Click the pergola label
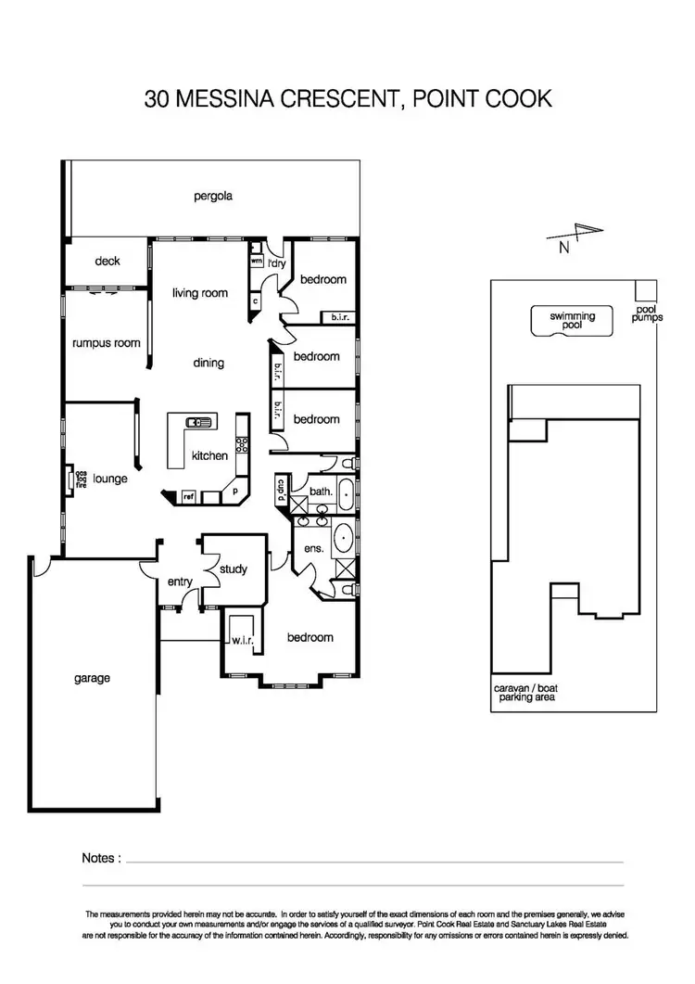click(212, 196)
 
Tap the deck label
click(107, 262)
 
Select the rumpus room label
click(106, 343)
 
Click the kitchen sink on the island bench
click(199, 422)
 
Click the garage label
click(92, 678)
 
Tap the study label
click(232, 569)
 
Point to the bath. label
click(322, 491)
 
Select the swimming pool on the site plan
click(572, 321)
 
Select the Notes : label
click(101, 859)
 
